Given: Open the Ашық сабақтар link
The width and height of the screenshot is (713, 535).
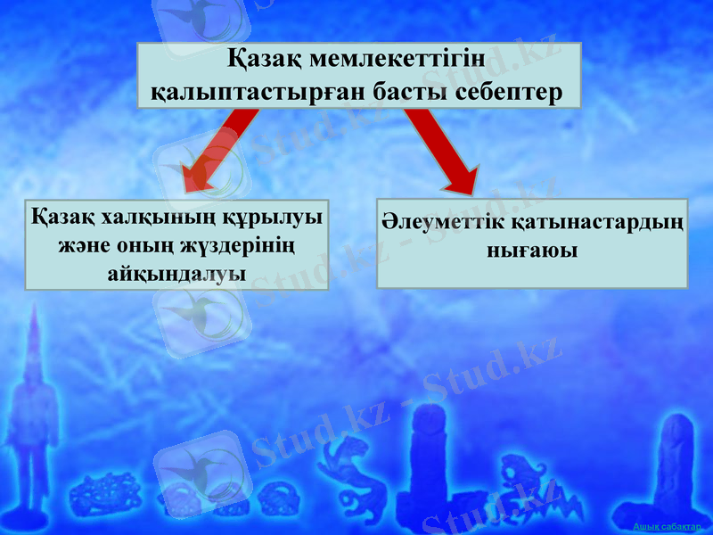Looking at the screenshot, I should [668, 528].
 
